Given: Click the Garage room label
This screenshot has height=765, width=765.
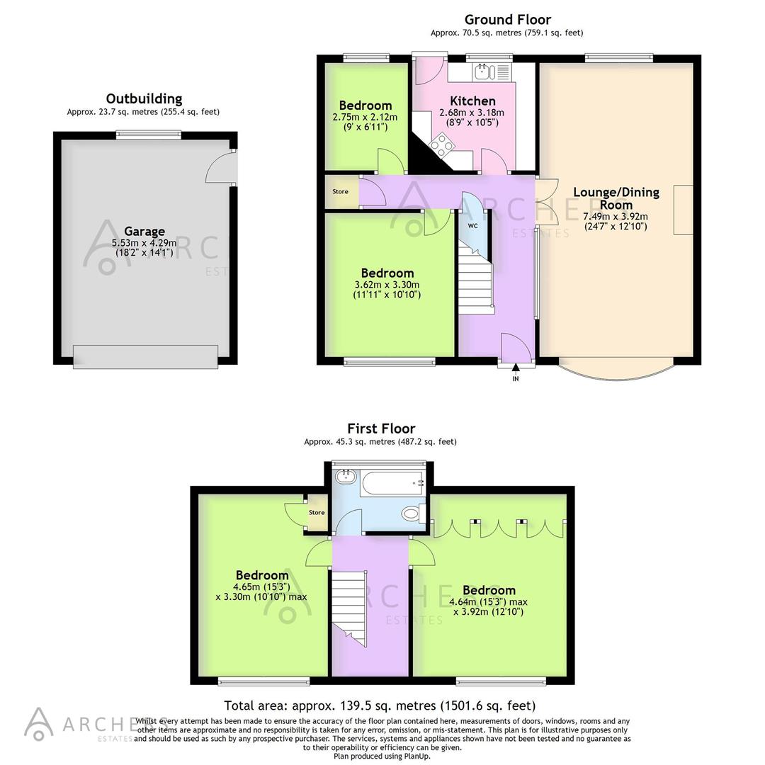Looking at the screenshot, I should pos(144,231).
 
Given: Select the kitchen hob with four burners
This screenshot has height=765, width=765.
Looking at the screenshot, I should pos(440,145).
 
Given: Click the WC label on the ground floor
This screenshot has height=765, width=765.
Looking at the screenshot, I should pos(472,227).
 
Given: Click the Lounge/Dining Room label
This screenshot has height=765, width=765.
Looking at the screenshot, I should pos(616,198).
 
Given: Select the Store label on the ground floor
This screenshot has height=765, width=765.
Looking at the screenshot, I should pos(340,191).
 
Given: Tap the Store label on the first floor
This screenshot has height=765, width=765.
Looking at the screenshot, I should pos(316,513).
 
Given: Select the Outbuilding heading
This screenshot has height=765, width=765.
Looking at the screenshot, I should pos(144,98).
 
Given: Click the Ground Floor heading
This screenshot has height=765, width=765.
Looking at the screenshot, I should pos(507,19).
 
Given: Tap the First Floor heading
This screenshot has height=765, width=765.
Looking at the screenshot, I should pos(380,428).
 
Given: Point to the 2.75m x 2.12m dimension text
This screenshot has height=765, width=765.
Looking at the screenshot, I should pos(365,118).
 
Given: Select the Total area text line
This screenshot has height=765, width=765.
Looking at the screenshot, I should pos(380,705).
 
